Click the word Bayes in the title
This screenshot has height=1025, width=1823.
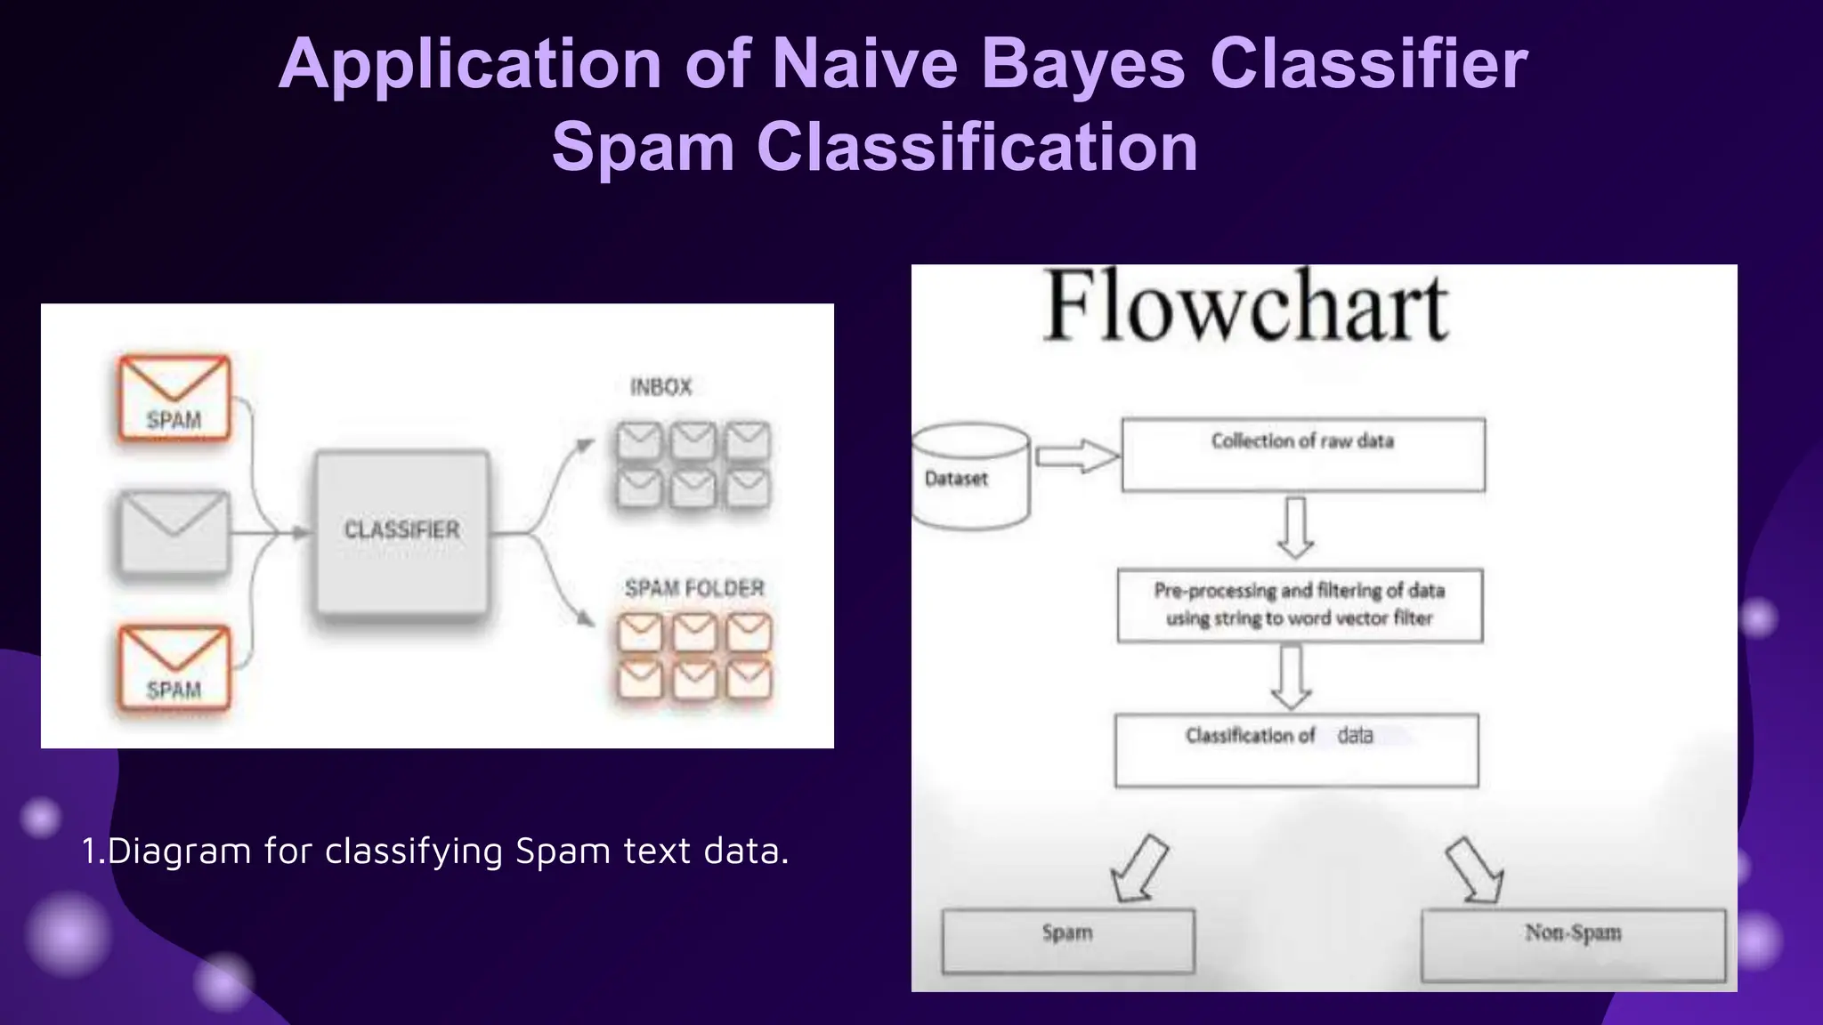pyautogui.click(x=1083, y=64)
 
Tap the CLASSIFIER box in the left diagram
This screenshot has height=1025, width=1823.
pyautogui.click(x=402, y=531)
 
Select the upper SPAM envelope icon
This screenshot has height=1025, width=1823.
pyautogui.click(x=174, y=399)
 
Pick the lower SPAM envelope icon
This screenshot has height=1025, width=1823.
pyautogui.click(x=174, y=669)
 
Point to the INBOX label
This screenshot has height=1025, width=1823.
pyautogui.click(x=660, y=387)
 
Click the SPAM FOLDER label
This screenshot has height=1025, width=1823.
pyautogui.click(x=694, y=588)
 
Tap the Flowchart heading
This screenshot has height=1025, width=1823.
pyautogui.click(x=1246, y=307)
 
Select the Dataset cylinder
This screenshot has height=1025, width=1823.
pyautogui.click(x=970, y=477)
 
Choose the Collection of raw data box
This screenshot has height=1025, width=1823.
pyautogui.click(x=1303, y=455)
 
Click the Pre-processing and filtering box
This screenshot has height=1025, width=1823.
pyautogui.click(x=1300, y=605)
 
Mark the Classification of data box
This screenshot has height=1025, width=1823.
pyautogui.click(x=1296, y=750)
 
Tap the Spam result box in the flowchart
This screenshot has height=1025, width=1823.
pyautogui.click(x=1068, y=940)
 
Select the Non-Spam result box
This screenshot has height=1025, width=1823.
pyautogui.click(x=1573, y=945)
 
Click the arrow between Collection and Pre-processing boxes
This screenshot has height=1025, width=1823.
pyautogui.click(x=1296, y=527)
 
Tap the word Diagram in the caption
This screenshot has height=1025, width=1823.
pyautogui.click(x=179, y=851)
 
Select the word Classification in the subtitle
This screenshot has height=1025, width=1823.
pyautogui.click(x=977, y=147)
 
